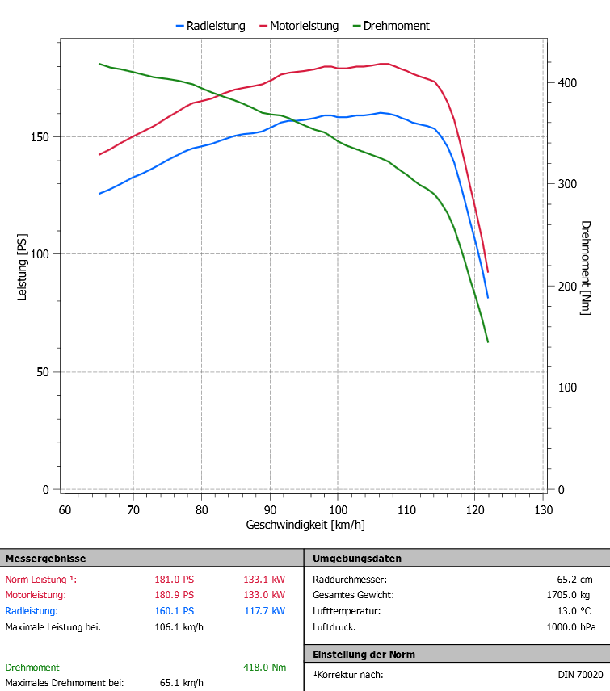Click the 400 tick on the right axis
(x=568, y=82)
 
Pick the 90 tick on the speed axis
(x=270, y=510)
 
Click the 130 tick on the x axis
(x=543, y=510)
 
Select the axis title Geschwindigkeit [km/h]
(x=305, y=525)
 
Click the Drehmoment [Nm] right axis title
(x=586, y=267)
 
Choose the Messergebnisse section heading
(x=46, y=559)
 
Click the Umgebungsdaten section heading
(x=357, y=559)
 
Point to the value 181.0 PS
(x=175, y=580)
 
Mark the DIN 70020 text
(x=580, y=675)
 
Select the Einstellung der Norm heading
(x=364, y=654)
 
